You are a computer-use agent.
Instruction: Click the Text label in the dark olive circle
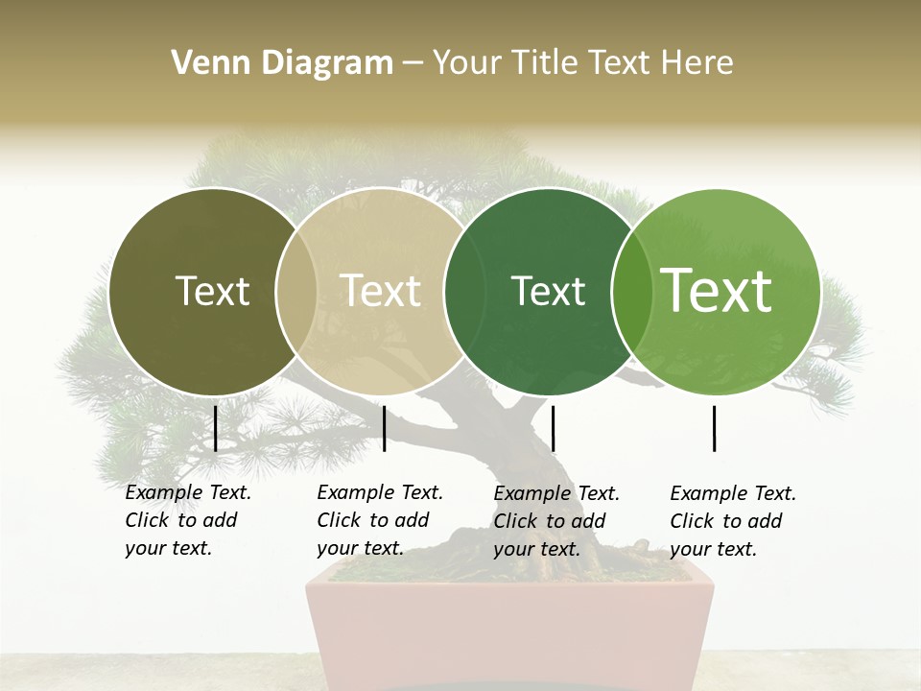pyautogui.click(x=212, y=291)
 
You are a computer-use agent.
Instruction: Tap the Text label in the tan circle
pyautogui.click(x=381, y=291)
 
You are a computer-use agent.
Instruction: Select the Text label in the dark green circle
pyautogui.click(x=548, y=291)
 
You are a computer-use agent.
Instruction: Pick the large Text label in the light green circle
pyautogui.click(x=717, y=290)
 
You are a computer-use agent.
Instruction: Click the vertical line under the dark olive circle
pyautogui.click(x=215, y=428)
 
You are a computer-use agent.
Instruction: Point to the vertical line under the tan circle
pyautogui.click(x=384, y=428)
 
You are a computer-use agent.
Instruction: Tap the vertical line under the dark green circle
pyautogui.click(x=553, y=428)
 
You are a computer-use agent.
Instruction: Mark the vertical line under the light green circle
pyautogui.click(x=714, y=428)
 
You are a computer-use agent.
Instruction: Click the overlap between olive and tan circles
pyautogui.click(x=296, y=292)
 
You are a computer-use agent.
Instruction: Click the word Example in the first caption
pyautogui.click(x=164, y=492)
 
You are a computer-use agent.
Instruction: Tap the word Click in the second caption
pyautogui.click(x=339, y=520)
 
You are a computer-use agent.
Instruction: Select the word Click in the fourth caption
pyautogui.click(x=692, y=521)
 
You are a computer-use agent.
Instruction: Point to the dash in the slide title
pyautogui.click(x=413, y=64)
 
